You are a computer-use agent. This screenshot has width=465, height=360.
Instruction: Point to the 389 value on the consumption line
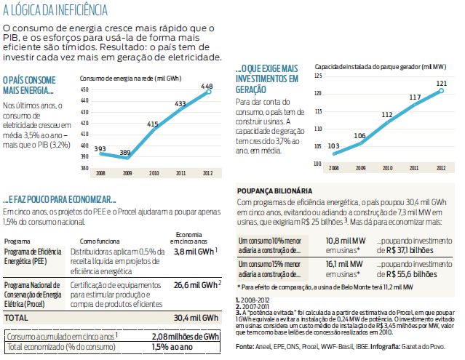[124, 153]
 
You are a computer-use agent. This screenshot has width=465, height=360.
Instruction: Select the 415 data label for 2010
[154, 124]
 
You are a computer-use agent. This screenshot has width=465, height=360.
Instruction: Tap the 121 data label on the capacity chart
[440, 83]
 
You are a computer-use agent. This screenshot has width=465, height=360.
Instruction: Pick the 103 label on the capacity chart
[334, 145]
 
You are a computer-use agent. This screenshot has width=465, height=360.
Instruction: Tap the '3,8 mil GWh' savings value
[191, 252]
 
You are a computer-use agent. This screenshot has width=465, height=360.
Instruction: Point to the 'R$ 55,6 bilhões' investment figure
[417, 276]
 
